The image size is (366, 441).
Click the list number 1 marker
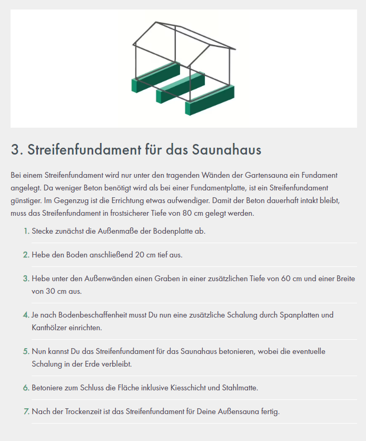[x=26, y=231]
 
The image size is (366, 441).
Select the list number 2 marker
[x=26, y=255]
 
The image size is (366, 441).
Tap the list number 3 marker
[x=26, y=279]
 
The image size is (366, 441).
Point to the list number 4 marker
[x=26, y=315]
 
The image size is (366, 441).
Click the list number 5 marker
[x=26, y=351]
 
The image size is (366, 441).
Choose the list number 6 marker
[x=26, y=388]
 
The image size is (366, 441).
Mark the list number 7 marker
[x=26, y=411]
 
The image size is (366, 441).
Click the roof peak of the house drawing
[x=156, y=23]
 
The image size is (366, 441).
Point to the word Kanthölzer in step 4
[x=49, y=328]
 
